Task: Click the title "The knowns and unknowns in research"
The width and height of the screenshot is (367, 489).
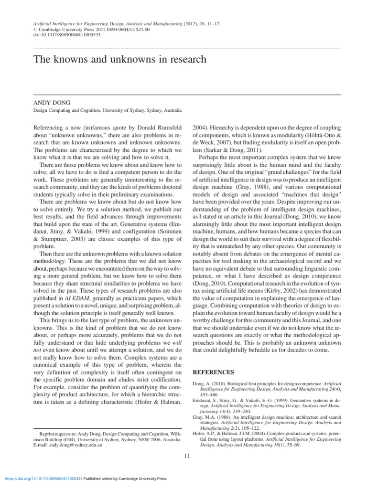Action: [119, 60]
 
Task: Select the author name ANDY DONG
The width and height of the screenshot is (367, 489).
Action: [51, 103]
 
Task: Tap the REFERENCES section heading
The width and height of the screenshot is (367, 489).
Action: [213, 372]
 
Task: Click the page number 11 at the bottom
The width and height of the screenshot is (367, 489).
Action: [187, 456]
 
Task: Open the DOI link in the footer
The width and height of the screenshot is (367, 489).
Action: [43, 478]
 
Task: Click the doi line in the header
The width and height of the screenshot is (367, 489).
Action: [66, 35]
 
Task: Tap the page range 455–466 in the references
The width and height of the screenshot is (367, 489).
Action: [208, 395]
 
